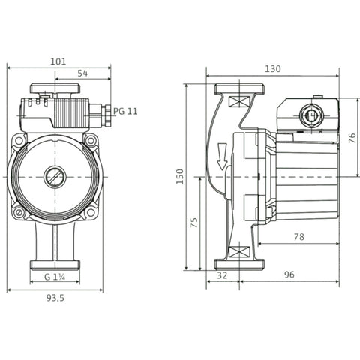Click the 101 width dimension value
coord(58,61)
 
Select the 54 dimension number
coord(82,73)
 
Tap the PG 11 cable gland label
coord(125,111)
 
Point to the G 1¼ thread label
coord(55,277)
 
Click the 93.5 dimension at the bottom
coord(55,298)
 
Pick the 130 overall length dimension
coord(273,69)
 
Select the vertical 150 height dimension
coord(180,177)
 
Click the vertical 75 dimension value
coord(194,223)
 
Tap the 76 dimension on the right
coord(352,138)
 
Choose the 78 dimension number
coord(299,237)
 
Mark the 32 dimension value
coord(222,275)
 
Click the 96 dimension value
coord(289,274)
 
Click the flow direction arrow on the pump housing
coord(222,157)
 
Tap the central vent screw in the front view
coord(55,177)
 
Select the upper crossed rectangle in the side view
coord(239,101)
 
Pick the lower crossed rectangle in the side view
coord(239,252)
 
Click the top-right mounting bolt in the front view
coord(91,141)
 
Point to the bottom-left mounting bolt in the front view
coord(19,213)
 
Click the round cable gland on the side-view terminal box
coord(311,115)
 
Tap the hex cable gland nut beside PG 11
coord(108,115)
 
